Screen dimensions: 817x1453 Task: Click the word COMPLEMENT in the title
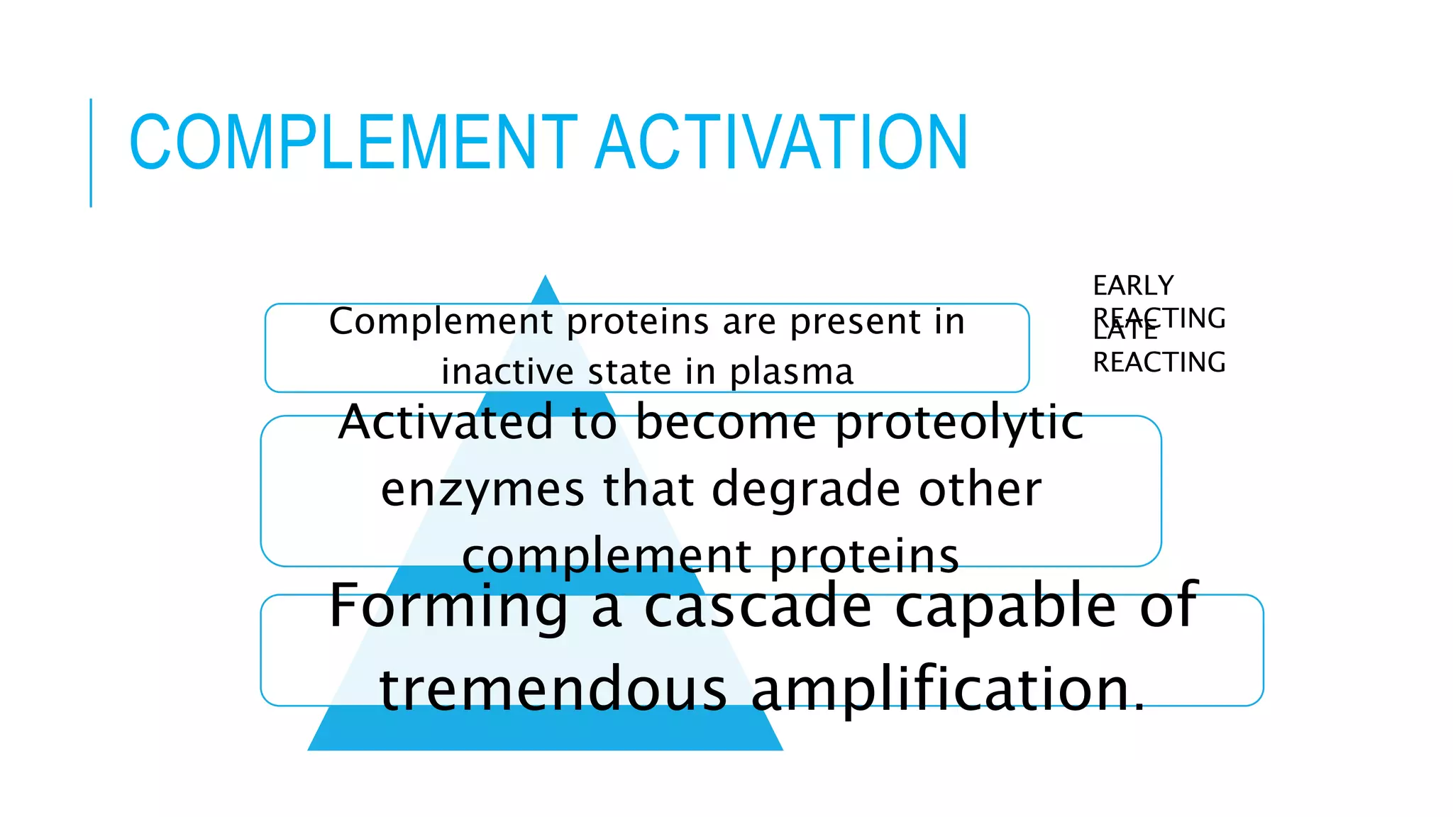[x=353, y=143]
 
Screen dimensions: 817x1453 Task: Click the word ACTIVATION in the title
[x=781, y=143]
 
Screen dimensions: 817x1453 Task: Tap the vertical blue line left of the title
[x=91, y=152]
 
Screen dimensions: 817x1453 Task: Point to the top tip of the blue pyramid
[x=545, y=279]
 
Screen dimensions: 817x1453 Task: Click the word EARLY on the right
[x=1133, y=286]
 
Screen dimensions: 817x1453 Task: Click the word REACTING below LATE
[x=1159, y=362]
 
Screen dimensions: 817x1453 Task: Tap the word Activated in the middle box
[x=445, y=422]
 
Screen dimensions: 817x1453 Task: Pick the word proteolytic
[x=959, y=423]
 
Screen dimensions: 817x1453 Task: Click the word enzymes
[x=482, y=489]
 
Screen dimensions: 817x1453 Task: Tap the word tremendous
[x=553, y=689]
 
